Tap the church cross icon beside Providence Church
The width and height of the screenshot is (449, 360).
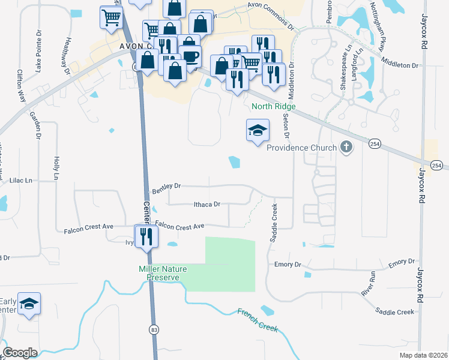click(346, 146)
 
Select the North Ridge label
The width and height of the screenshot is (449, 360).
click(274, 106)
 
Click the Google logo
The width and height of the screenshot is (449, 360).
click(20, 353)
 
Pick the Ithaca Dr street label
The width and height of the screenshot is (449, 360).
click(207, 205)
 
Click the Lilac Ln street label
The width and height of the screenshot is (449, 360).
click(20, 180)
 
